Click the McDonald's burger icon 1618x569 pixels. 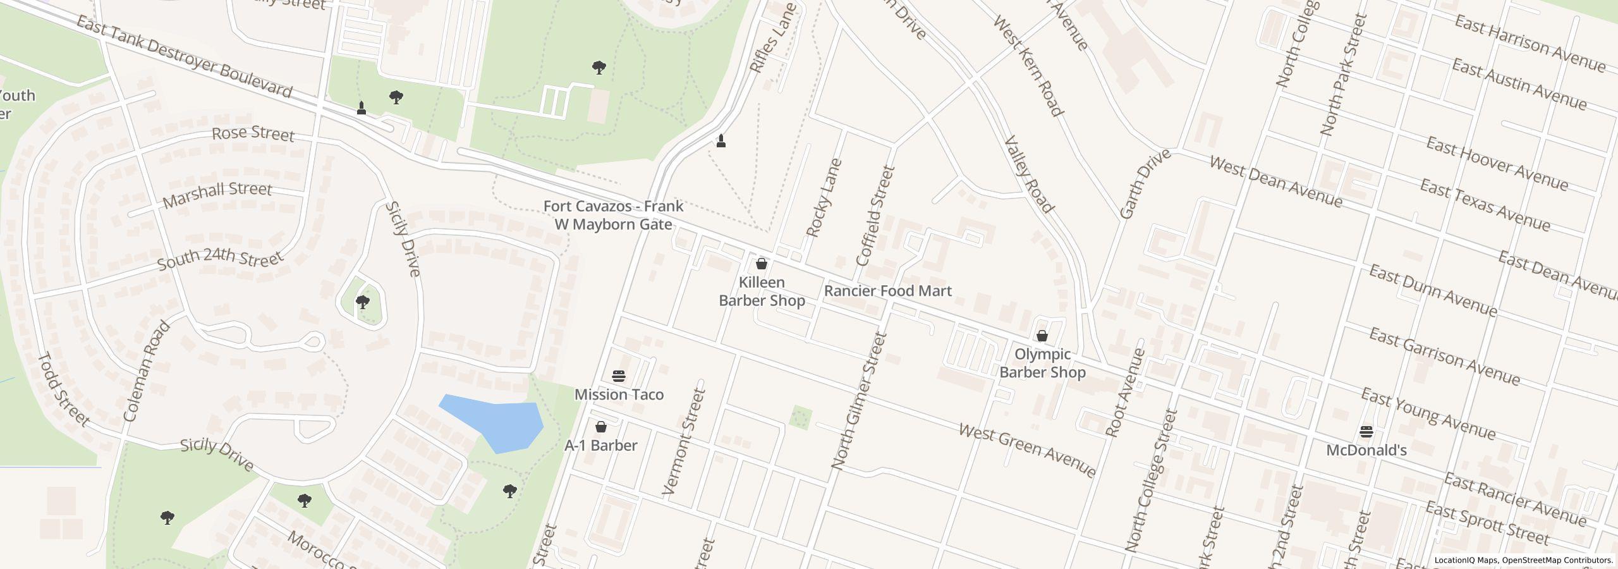pos(1366,432)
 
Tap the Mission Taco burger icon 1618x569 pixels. pos(619,377)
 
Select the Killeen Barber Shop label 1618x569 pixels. pos(762,291)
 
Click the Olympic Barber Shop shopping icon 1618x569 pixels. pos(1042,336)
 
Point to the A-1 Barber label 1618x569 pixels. pos(600,445)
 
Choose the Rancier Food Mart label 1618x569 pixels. pos(887,291)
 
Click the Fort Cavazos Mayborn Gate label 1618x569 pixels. pos(613,215)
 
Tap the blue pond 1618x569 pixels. pos(497,422)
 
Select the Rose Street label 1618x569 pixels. pos(253,133)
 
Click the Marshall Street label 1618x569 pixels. pos(217,195)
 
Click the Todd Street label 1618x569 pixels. pos(64,389)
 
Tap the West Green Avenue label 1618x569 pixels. pos(1027,450)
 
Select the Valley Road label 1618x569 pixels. pos(1028,174)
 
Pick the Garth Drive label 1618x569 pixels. pos(1145,184)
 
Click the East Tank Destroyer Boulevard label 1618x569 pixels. pos(185,57)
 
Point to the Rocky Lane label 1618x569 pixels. pos(824,198)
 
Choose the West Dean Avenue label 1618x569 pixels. pos(1275,181)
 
